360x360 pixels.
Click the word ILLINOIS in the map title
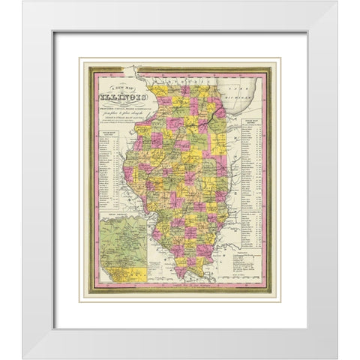click(118, 95)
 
